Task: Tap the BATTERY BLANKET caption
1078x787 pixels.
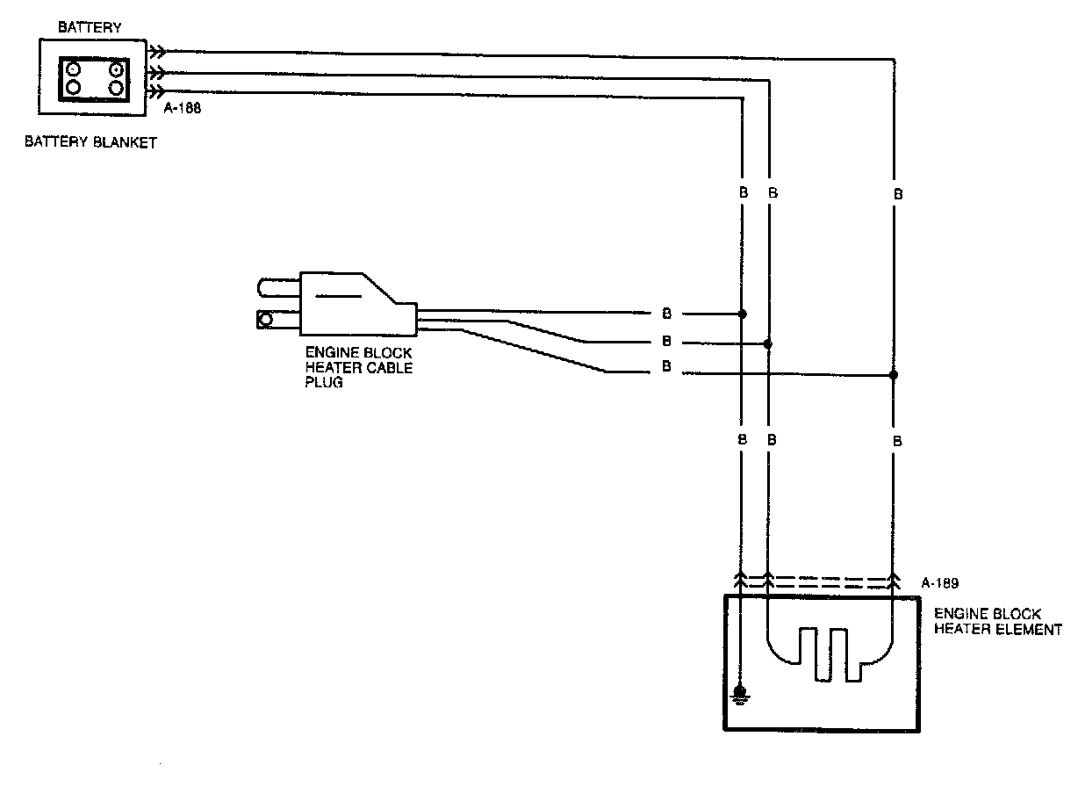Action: [x=90, y=142]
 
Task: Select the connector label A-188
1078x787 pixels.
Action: [x=183, y=110]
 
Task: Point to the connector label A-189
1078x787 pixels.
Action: [x=940, y=581]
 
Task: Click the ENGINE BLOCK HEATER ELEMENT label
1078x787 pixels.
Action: [x=996, y=622]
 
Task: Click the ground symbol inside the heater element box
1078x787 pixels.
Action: [x=741, y=697]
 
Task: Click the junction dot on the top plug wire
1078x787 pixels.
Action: [x=743, y=314]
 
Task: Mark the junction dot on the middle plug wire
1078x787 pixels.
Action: [x=768, y=343]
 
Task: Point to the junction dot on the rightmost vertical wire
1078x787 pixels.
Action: [x=894, y=374]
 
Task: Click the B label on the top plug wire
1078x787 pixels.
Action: [x=666, y=314]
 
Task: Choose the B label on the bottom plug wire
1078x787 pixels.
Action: [x=666, y=368]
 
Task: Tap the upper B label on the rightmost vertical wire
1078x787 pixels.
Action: [x=897, y=194]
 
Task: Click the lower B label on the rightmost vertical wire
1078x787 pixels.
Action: [x=897, y=442]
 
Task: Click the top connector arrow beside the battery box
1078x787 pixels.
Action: [x=155, y=52]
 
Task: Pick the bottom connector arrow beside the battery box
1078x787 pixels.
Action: [x=155, y=92]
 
